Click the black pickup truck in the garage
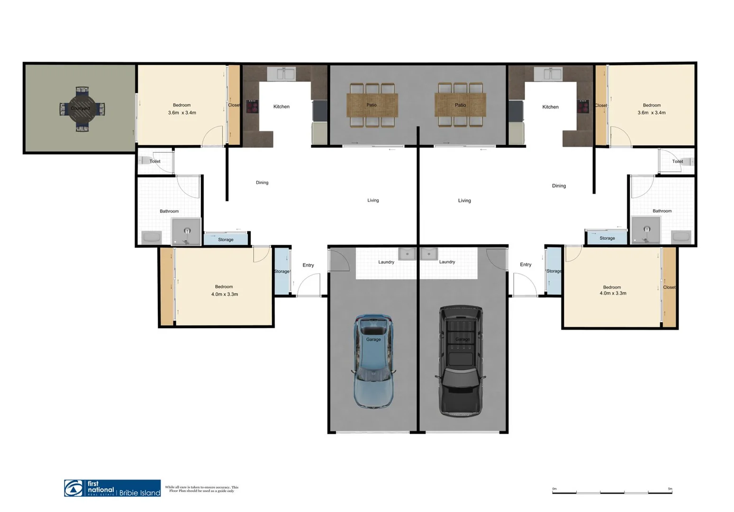click(x=461, y=360)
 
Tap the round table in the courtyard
click(x=82, y=109)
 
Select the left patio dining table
click(x=372, y=105)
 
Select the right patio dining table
click(x=460, y=105)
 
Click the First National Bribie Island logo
click(x=112, y=488)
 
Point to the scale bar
click(x=612, y=492)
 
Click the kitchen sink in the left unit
click(x=281, y=74)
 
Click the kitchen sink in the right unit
click(x=548, y=74)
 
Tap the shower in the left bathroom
click(x=186, y=231)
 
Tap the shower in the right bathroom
click(x=646, y=230)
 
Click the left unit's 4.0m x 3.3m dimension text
click(x=225, y=294)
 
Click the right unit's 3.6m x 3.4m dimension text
click(x=652, y=113)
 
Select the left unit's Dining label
click(x=262, y=183)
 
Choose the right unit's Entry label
click(x=526, y=265)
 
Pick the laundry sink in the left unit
click(x=407, y=254)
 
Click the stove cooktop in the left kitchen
click(x=252, y=106)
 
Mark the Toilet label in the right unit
click(x=678, y=162)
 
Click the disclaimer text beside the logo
click(x=202, y=489)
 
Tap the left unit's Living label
click(x=373, y=201)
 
